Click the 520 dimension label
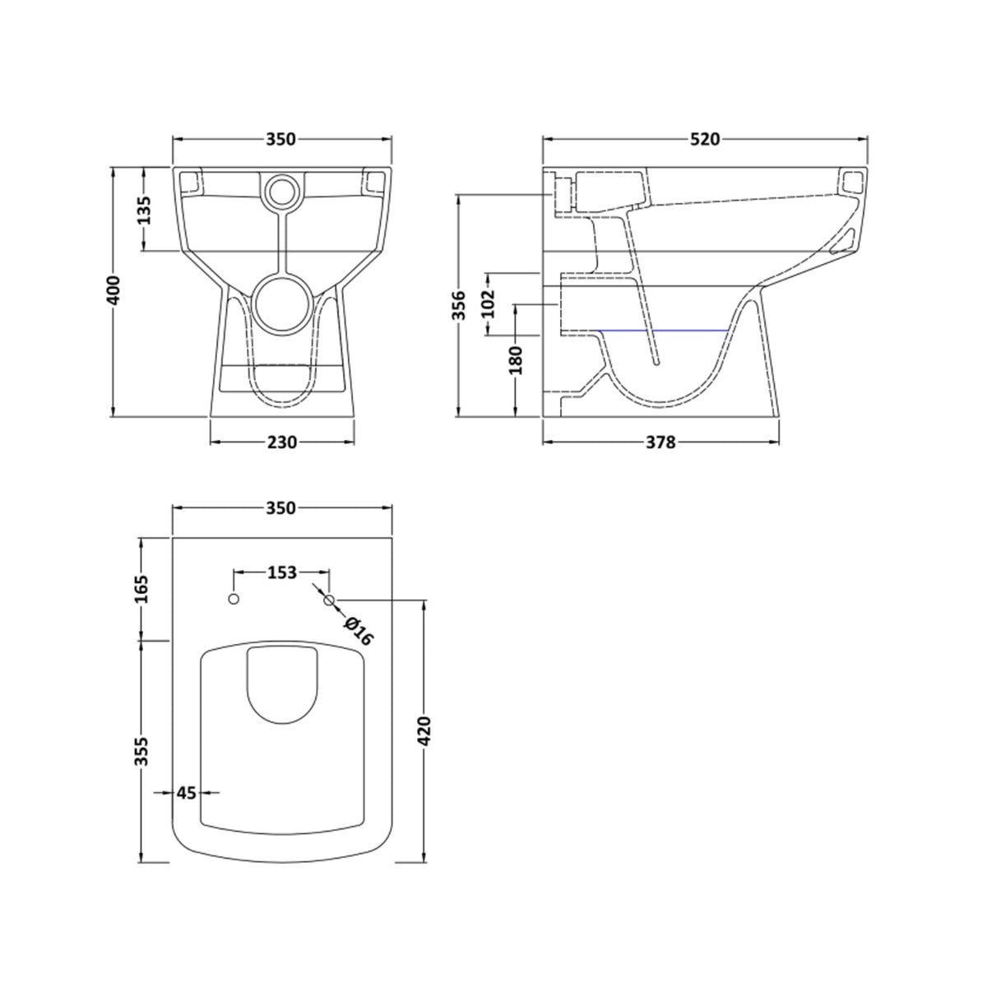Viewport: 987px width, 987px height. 705,139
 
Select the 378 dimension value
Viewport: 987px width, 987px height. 660,443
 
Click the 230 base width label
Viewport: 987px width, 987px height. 281,443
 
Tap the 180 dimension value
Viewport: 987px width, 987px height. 516,359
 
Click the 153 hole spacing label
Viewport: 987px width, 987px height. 282,572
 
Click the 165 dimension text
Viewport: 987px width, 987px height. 143,589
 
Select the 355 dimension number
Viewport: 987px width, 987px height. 143,752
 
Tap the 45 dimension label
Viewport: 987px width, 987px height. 187,793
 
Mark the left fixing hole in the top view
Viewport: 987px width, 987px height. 234,599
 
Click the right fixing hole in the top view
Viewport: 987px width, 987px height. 329,600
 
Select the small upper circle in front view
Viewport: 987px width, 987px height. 281,191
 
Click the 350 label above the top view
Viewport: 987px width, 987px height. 280,508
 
